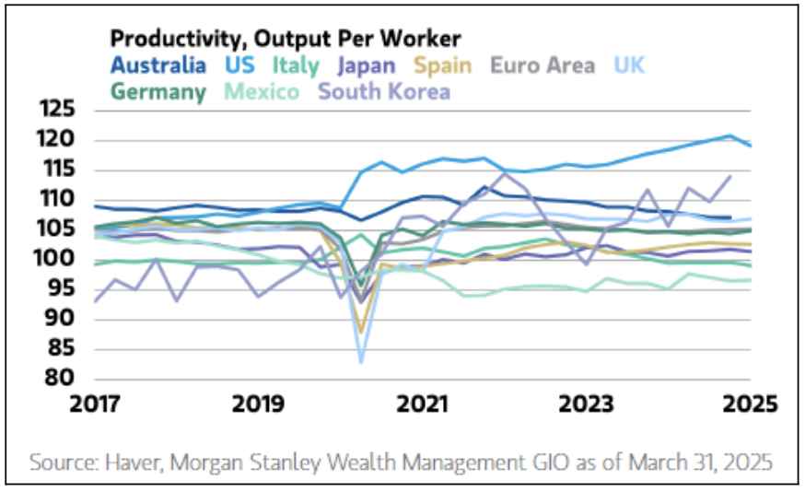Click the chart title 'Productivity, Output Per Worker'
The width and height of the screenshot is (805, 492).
(x=285, y=39)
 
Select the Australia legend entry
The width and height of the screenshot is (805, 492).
(x=158, y=65)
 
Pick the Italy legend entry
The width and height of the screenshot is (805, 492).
(x=297, y=65)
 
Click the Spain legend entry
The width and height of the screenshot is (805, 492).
(x=440, y=65)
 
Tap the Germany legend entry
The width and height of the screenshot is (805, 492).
(x=158, y=91)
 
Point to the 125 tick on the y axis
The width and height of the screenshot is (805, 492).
(x=58, y=111)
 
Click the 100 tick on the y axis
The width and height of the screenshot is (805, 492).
(x=58, y=259)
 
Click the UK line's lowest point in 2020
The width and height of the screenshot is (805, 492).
(x=361, y=362)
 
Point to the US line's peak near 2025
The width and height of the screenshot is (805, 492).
(x=730, y=135)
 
